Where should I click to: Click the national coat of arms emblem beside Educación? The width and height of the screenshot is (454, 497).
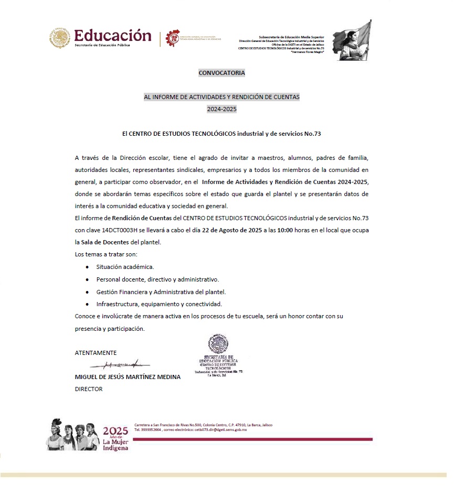(59, 38)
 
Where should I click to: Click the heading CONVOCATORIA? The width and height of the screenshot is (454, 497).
(221, 73)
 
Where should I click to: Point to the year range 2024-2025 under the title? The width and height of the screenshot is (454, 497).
(221, 109)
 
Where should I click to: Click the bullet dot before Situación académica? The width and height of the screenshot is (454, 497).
(87, 267)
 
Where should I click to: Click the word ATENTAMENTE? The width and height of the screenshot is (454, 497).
(96, 353)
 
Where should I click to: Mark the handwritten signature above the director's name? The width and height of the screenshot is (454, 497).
(120, 364)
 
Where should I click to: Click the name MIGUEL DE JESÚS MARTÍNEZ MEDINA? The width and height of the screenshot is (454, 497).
(128, 377)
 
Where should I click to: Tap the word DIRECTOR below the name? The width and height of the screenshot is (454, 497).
(89, 389)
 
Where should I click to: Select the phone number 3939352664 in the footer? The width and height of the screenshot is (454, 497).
(150, 429)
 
